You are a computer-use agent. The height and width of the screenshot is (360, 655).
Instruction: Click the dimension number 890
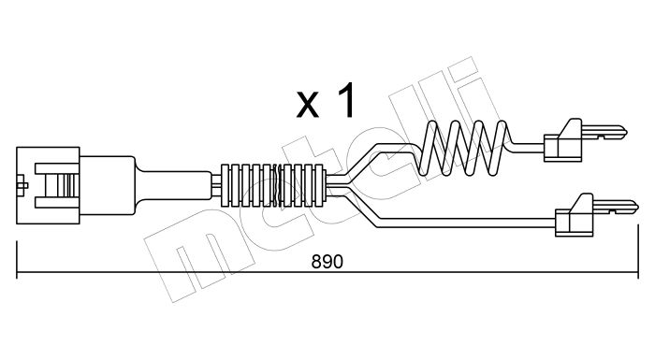tap(327, 262)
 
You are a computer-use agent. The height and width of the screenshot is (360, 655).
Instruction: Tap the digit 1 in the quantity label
tap(345, 100)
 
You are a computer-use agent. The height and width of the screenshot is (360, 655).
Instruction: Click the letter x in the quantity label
tap(308, 106)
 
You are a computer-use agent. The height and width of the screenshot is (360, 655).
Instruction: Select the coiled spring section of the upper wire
tap(463, 148)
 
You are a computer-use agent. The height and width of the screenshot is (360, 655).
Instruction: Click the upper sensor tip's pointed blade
tap(604, 133)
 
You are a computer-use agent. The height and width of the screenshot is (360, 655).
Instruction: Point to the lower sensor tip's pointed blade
tap(616, 207)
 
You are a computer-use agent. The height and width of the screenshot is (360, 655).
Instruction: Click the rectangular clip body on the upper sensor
tap(562, 148)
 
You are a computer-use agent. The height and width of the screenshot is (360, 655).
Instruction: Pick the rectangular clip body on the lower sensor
tap(574, 223)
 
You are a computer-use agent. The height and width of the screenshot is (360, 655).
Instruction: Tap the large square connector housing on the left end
tap(48, 185)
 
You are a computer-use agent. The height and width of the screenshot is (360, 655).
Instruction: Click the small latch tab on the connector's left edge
tap(22, 185)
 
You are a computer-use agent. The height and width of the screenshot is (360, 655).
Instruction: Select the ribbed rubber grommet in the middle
tap(273, 185)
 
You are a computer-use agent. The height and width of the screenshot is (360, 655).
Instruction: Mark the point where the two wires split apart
tap(347, 185)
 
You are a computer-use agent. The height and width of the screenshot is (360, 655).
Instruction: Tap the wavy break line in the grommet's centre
tap(277, 185)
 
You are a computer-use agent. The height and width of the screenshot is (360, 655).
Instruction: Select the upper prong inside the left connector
tap(57, 168)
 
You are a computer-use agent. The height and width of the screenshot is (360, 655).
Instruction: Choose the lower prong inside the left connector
tap(57, 202)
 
